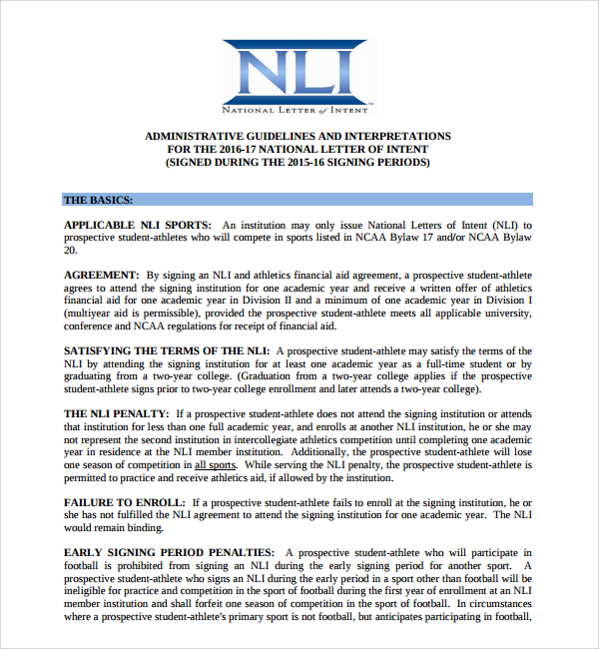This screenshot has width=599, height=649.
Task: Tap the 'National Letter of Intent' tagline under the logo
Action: coord(297,107)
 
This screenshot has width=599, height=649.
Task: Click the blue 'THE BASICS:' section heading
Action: coord(98,200)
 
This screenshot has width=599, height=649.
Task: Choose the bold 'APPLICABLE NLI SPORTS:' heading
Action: coord(138,226)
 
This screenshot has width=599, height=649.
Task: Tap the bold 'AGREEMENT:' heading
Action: coord(101,275)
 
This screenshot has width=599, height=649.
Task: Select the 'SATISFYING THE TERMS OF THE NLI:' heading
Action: coord(167,351)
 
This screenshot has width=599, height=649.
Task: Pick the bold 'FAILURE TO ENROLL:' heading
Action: coord(124,502)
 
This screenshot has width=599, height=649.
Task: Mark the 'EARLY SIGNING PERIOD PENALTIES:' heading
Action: coord(169,552)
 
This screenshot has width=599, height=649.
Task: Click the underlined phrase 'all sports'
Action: coord(216,465)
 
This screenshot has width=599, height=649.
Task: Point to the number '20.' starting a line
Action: coord(71,251)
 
